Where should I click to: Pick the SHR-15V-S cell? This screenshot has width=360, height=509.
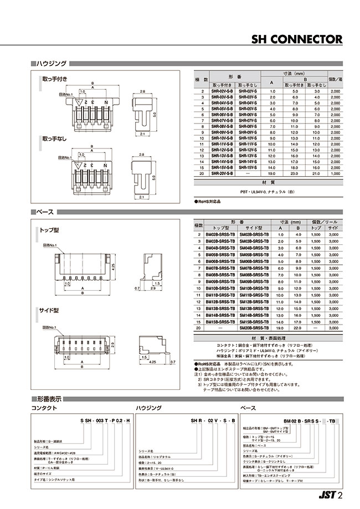coord(249,167)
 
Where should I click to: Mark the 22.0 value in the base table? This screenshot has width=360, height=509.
coord(299,328)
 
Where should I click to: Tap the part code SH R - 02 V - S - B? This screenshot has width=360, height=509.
coord(214,422)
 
